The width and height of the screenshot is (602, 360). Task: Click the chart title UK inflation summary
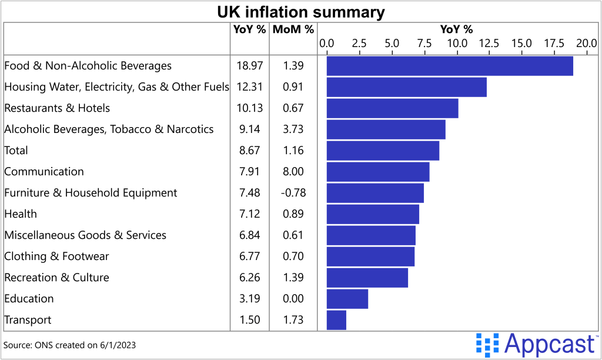[301, 12]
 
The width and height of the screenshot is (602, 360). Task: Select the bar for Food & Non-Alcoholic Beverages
[450, 66]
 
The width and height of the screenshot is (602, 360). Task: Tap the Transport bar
[336, 320]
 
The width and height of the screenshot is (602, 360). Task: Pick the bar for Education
[347, 299]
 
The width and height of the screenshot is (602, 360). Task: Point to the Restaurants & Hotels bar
[392, 108]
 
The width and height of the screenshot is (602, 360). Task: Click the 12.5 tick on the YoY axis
[489, 43]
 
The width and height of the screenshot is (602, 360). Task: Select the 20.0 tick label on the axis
[586, 43]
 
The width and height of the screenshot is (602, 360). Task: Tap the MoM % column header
[293, 29]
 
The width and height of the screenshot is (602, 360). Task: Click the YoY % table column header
[249, 29]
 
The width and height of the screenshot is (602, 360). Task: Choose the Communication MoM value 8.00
[293, 172]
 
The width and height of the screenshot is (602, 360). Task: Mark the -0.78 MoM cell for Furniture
[293, 193]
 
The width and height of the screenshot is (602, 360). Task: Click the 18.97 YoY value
[249, 66]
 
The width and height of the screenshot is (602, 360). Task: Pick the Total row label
[16, 151]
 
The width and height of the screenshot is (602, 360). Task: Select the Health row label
[21, 214]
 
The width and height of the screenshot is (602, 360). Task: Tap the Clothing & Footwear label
[56, 256]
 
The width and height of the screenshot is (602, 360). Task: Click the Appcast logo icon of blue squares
[487, 343]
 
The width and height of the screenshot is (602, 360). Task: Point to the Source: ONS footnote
[69, 345]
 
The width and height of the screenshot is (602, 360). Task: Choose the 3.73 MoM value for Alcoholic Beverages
[293, 129]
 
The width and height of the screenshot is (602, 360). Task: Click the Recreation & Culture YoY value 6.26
[249, 278]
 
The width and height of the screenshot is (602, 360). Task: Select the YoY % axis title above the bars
[456, 29]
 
